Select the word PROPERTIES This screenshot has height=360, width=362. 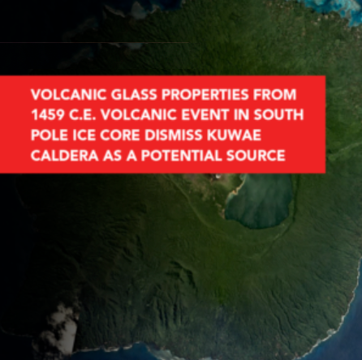pos(205,95)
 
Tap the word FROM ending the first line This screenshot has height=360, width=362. pos(274,95)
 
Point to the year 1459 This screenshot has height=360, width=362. pos(48,115)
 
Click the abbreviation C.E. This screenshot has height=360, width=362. pos(83,115)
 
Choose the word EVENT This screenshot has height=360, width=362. pos(205,115)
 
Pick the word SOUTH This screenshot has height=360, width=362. pos(278,115)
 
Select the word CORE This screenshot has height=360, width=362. pos(120,135)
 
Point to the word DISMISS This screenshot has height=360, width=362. pos(174,135)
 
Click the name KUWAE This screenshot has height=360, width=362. pos(234,135)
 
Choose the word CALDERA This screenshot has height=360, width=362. pos(65,156)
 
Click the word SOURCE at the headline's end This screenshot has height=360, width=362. pos(256,156)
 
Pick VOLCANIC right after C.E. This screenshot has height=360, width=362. pos(139,115)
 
